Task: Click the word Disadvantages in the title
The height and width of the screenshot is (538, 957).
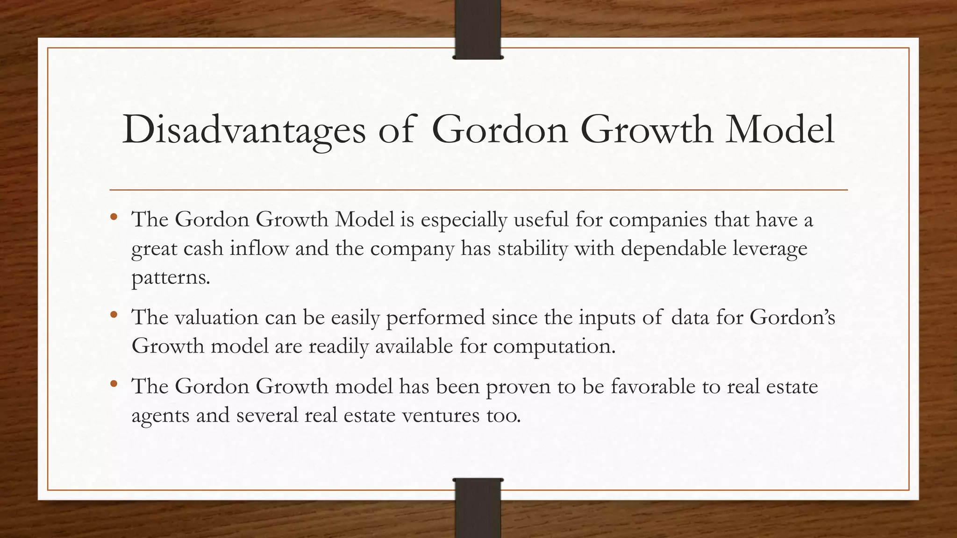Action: click(x=243, y=129)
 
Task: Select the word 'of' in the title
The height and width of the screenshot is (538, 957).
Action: click(x=396, y=129)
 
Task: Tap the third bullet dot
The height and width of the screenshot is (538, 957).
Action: click(x=114, y=384)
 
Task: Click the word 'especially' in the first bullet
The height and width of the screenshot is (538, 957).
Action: click(x=464, y=220)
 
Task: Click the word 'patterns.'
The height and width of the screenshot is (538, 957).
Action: click(x=171, y=278)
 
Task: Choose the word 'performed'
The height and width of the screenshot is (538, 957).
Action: click(x=436, y=318)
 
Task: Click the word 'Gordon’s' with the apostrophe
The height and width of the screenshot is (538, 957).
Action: click(x=793, y=318)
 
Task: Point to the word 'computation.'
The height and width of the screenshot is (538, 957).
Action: click(x=554, y=347)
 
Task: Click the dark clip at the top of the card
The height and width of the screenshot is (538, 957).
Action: click(x=478, y=29)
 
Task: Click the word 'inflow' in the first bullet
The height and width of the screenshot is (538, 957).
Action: click(x=259, y=249)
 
